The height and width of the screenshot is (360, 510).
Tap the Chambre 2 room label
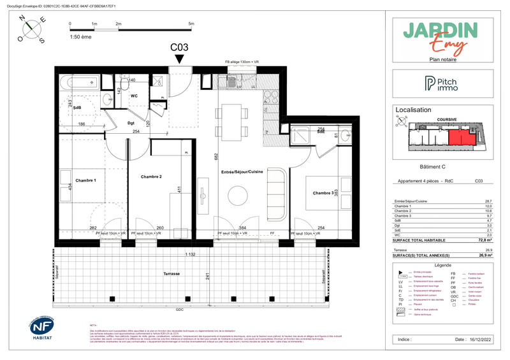[x=152, y=176]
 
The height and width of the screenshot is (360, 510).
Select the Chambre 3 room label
[x=324, y=193]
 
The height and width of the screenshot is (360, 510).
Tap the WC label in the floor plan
[x=135, y=96]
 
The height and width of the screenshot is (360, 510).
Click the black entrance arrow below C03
[x=180, y=59]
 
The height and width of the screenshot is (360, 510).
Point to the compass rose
[x=33, y=29]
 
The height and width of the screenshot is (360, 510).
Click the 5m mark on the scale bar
[x=191, y=24]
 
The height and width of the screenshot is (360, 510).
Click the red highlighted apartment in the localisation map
[x=461, y=136]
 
